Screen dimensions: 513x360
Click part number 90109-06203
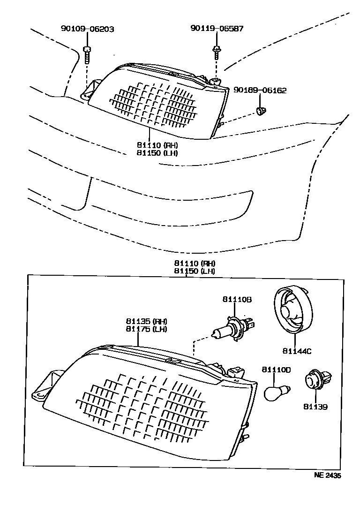pyautogui.click(x=87, y=29)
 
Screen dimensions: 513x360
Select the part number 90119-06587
pyautogui.click(x=217, y=29)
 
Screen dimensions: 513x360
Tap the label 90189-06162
pyautogui.click(x=261, y=91)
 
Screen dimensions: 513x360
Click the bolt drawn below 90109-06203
pyautogui.click(x=87, y=55)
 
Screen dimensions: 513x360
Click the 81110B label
pyautogui.click(x=237, y=300)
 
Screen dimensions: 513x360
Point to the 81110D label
pyautogui.click(x=276, y=370)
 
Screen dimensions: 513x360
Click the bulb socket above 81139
pyautogui.click(x=317, y=380)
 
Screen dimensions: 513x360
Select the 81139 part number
pyautogui.click(x=315, y=407)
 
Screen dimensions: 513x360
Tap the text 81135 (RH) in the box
pyautogui.click(x=146, y=321)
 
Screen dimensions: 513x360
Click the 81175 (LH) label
pyautogui.click(x=146, y=329)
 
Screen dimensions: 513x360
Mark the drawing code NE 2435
pyautogui.click(x=328, y=475)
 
